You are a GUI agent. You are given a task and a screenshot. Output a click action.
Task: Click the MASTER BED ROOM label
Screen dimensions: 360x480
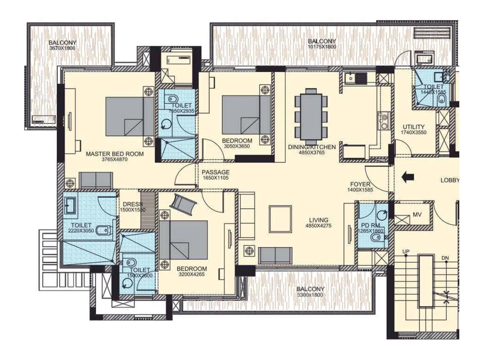coord(115,154)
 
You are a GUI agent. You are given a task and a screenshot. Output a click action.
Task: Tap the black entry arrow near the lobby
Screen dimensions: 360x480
coord(408,177)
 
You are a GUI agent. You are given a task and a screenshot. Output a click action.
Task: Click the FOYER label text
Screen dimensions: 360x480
coord(360,184)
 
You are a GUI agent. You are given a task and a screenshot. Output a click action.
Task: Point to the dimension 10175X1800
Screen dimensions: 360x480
coord(322,47)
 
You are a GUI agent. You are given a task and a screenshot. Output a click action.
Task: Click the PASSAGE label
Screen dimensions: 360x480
coord(215,172)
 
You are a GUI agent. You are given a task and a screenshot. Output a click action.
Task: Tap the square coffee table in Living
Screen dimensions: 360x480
coord(280,219)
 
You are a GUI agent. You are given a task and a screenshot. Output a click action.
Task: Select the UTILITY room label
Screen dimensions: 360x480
coord(413,127)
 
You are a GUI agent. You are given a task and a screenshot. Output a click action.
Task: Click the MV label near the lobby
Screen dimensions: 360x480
coord(417,215)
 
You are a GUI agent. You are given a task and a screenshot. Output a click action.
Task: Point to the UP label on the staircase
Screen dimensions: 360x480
coord(406,251)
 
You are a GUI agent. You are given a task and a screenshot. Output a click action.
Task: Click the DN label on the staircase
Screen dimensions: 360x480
coord(445,258)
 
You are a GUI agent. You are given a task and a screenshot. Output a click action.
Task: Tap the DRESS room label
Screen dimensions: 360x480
coord(132,204)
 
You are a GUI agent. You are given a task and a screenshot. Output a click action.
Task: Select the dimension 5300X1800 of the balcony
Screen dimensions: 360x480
coord(310,295)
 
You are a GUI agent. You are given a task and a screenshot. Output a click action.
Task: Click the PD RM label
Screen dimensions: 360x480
coord(370,225)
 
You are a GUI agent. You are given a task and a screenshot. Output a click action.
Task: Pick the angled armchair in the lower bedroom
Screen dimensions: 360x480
coord(183,204)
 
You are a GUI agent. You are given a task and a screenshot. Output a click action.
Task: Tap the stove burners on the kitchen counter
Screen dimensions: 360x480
coord(384,120)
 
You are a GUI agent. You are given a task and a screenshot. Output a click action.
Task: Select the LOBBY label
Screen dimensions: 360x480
coord(449,180)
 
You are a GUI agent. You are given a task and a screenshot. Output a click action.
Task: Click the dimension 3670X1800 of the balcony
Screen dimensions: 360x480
coord(62,48)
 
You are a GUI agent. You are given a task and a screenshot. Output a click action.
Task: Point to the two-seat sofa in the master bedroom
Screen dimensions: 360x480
coord(96,180)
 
